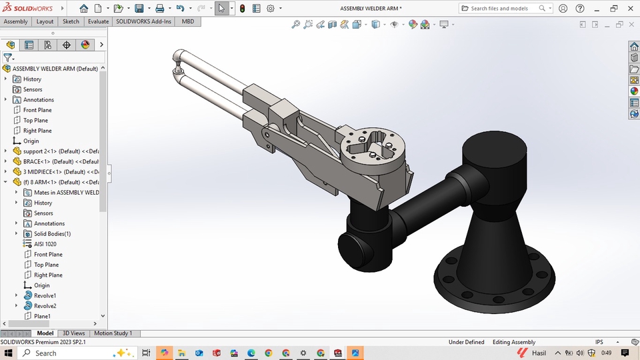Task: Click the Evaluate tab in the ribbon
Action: pos(98,21)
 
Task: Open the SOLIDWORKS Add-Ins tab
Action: pos(143,21)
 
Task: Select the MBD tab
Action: pos(188,21)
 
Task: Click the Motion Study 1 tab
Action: pos(113,333)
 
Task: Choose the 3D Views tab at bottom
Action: pos(73,333)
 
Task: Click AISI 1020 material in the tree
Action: pos(45,244)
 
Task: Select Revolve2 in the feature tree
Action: pos(45,306)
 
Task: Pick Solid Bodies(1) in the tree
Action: pos(52,234)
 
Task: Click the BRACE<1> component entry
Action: pos(60,161)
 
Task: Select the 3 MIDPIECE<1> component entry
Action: pos(60,172)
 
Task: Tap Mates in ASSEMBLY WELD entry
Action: pos(65,193)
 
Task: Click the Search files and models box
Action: pos(503,9)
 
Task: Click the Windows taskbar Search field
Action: pos(73,353)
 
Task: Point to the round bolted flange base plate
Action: pos(493,280)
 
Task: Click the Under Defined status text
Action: pos(466,343)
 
